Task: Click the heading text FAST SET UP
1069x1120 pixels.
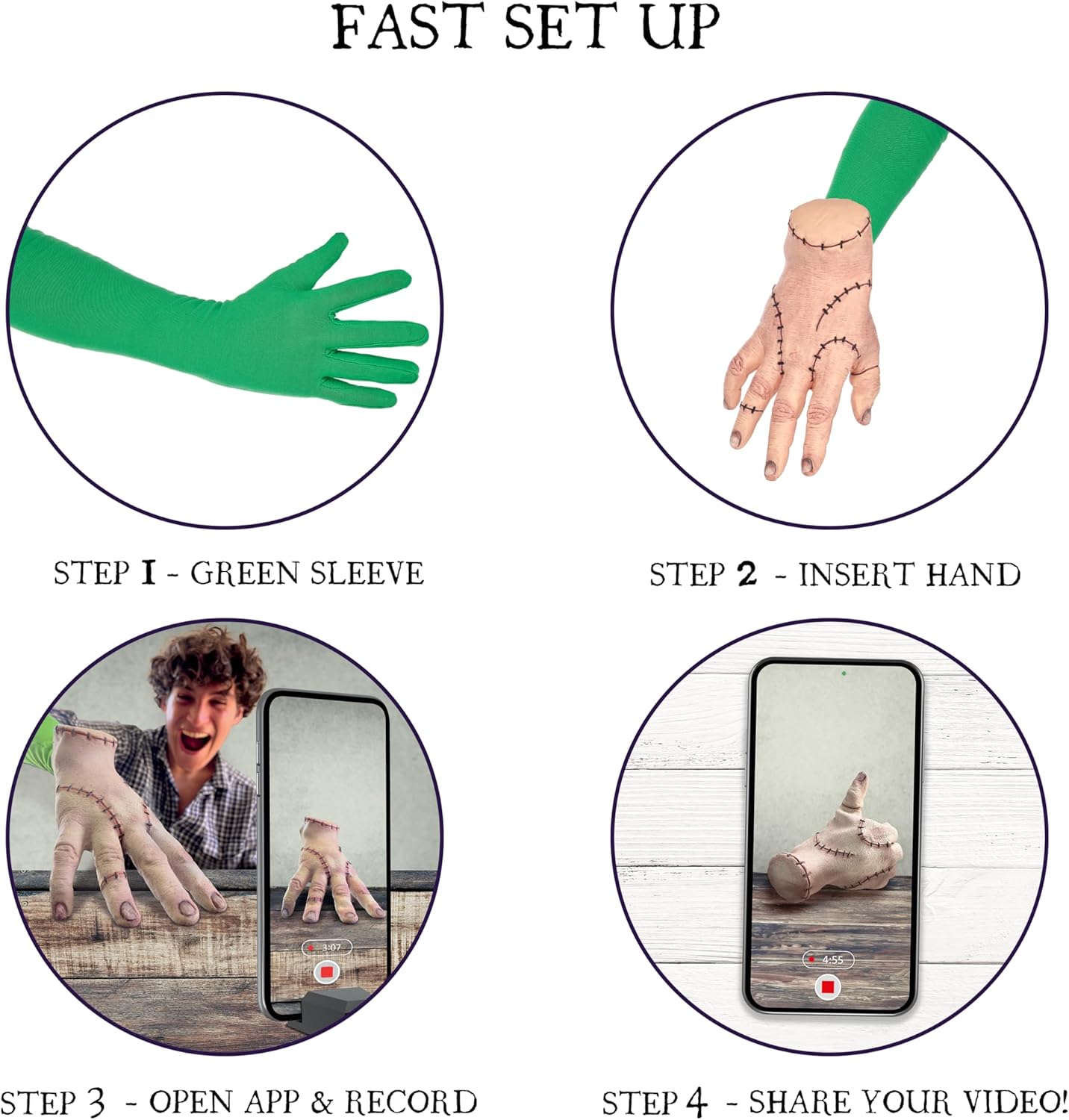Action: pos(526,28)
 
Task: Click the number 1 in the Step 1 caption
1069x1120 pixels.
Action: pos(148,573)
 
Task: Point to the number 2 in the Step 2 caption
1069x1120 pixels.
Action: pos(747,574)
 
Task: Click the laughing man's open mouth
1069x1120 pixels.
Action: pos(196,742)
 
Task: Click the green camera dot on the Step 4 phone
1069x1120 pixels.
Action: pos(844,673)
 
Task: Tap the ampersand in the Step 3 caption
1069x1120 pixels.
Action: pos(322,1103)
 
